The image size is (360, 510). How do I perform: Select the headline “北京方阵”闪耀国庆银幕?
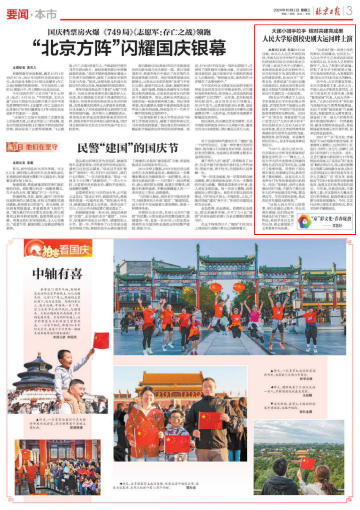tap(131, 48)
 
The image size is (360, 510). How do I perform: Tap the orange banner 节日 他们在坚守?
tap(32, 147)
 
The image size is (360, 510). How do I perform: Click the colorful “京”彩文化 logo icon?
tap(305, 221)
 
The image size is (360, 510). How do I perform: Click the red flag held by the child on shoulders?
tap(101, 340)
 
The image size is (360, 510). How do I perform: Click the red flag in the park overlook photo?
tap(308, 463)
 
